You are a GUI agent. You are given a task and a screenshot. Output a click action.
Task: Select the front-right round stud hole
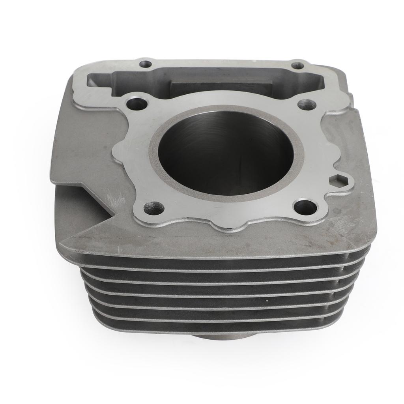pyautogui.click(x=305, y=206)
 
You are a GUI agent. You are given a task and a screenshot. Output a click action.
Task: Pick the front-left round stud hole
pyautogui.click(x=154, y=208)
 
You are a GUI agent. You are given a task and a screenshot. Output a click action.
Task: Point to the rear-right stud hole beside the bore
pyautogui.click(x=307, y=105)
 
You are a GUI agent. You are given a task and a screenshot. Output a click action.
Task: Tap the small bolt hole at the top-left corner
pyautogui.click(x=146, y=63)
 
